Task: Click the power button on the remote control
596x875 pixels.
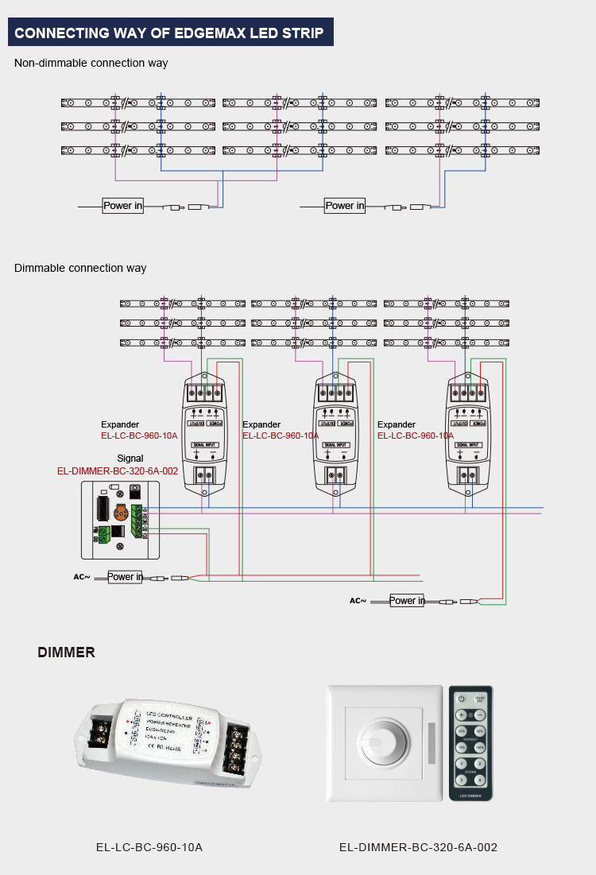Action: coord(461,699)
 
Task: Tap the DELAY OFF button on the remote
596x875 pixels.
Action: coord(479,699)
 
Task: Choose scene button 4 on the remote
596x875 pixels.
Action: coord(479,780)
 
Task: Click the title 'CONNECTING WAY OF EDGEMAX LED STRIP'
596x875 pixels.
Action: coord(169,33)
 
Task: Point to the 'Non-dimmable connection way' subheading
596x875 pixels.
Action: coord(91,63)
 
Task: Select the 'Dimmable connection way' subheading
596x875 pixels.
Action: coord(80,268)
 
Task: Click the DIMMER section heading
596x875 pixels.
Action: coord(66,652)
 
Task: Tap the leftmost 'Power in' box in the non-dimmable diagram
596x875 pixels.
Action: coord(123,206)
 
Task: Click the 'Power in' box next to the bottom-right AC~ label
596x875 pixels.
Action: coord(407,601)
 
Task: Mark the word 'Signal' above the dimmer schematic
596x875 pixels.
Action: coord(130,459)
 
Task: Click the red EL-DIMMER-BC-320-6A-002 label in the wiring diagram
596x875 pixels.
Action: coord(118,471)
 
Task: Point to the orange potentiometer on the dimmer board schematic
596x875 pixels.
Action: coord(121,512)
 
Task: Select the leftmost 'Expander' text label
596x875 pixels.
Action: coord(120,424)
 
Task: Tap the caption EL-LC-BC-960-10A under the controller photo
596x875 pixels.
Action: coord(149,847)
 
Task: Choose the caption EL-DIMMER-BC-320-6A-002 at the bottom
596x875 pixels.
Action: coord(418,847)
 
